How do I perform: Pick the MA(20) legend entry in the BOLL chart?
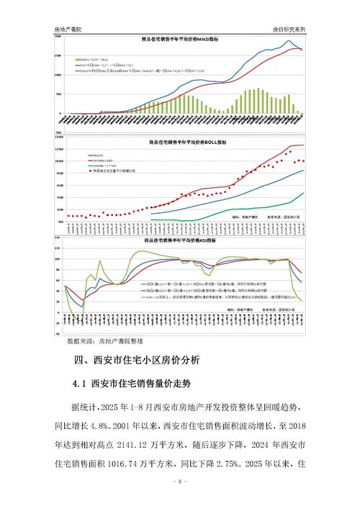(96, 154)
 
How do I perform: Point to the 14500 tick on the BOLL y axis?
(58, 136)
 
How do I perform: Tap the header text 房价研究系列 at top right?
(289, 29)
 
